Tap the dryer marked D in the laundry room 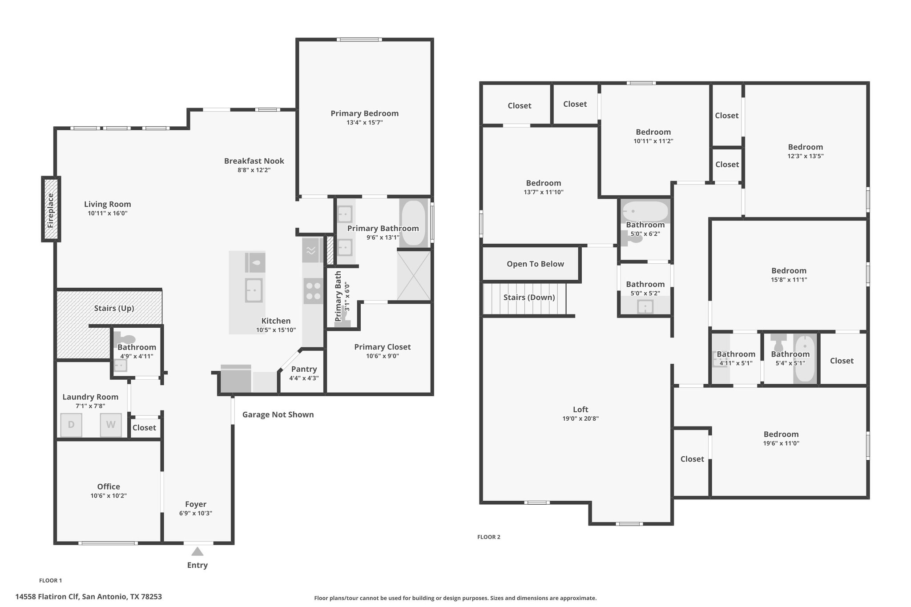[71, 425]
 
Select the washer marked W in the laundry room [111, 425]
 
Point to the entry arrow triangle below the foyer [198, 551]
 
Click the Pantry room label [304, 369]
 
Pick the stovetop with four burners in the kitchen [313, 291]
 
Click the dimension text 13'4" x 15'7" [365, 123]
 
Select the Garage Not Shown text [278, 414]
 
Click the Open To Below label [535, 264]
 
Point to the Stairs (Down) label [529, 297]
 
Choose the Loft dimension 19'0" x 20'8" [580, 418]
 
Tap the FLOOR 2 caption [489, 537]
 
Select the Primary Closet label [383, 347]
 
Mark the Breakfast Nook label [254, 161]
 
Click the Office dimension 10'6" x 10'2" [109, 495]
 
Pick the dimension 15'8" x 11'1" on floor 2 [789, 280]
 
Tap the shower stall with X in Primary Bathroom [414, 275]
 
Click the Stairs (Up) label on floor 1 [114, 308]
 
